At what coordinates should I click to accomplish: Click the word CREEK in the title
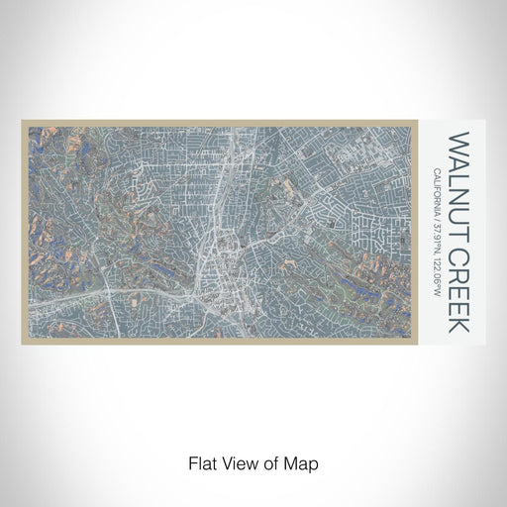pyautogui.click(x=459, y=283)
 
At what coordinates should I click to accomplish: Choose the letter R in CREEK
pyautogui.click(x=459, y=263)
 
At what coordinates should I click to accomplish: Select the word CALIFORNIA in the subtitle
pyautogui.click(x=437, y=194)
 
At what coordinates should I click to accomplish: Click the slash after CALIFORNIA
pyautogui.click(x=437, y=225)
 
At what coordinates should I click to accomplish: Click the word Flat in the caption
pyautogui.click(x=203, y=461)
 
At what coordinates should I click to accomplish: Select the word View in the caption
pyautogui.click(x=240, y=461)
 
